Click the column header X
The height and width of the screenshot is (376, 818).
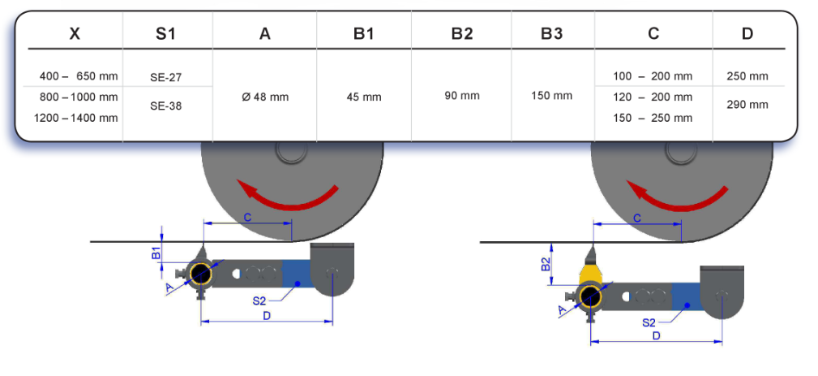click(x=74, y=33)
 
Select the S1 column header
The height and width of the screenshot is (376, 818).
click(x=165, y=33)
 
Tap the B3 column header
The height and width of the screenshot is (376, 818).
click(x=551, y=33)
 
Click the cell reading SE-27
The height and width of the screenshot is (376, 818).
click(x=165, y=78)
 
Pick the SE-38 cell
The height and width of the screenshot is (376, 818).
click(x=165, y=106)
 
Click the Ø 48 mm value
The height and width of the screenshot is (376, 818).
click(x=265, y=97)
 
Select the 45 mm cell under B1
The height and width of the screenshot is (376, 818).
click(x=364, y=97)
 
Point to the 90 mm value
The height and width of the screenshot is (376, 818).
click(x=462, y=95)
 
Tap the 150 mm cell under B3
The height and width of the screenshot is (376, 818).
click(x=551, y=96)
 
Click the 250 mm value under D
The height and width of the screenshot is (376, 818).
click(x=747, y=76)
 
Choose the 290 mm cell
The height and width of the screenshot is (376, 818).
click(x=747, y=105)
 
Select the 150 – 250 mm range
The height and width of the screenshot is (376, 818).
click(x=653, y=118)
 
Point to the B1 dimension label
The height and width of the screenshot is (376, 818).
click(x=156, y=252)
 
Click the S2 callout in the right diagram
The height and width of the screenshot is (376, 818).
click(x=649, y=322)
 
